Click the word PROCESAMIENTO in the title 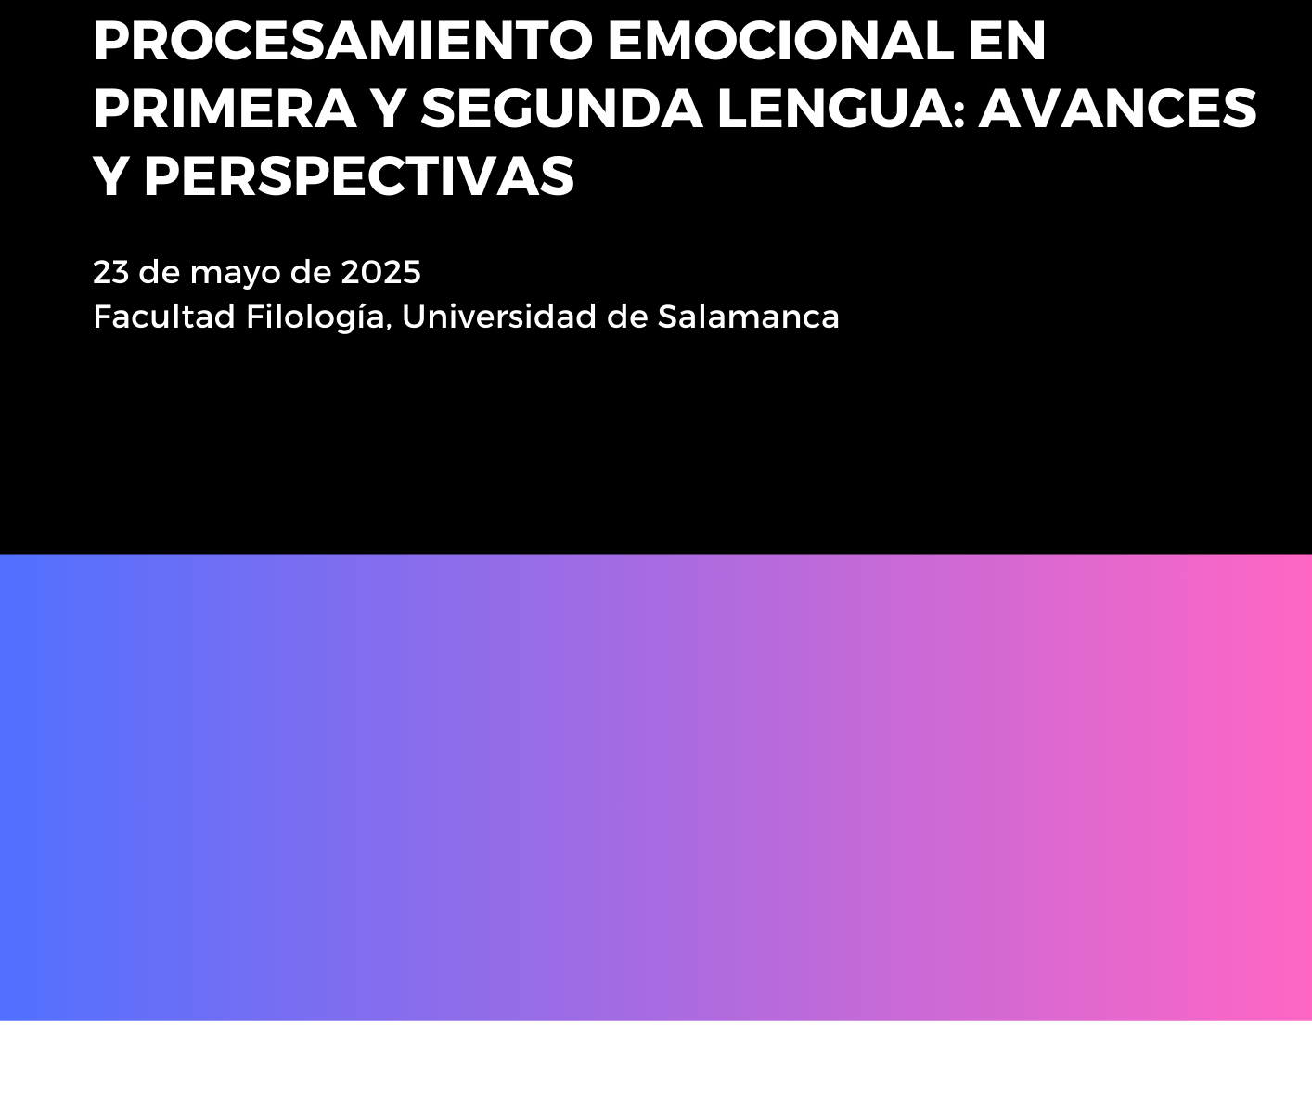(342, 41)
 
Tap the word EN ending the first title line (1007, 41)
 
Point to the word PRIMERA (225, 109)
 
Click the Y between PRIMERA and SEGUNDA (389, 109)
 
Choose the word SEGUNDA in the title (561, 109)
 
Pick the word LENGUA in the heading (832, 109)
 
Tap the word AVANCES (1117, 109)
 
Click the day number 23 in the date (111, 272)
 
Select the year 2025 (380, 272)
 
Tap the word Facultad (164, 316)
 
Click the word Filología (315, 317)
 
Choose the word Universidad (499, 316)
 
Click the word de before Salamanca (627, 316)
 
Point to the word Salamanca (749, 316)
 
